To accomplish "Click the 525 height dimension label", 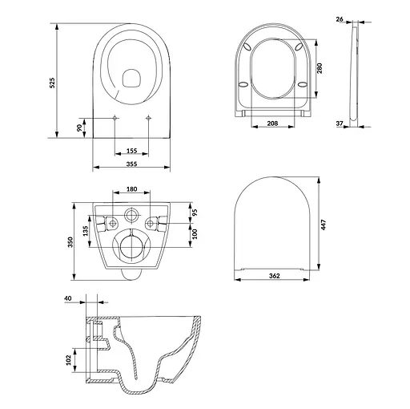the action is (x=53, y=83).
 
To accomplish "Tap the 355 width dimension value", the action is (x=131, y=164).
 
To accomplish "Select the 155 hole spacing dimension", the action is (x=131, y=151).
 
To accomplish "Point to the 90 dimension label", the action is (x=79, y=128).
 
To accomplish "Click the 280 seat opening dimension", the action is (x=320, y=68).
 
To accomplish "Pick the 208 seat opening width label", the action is (x=272, y=124).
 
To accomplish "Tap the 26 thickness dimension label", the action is (x=340, y=19).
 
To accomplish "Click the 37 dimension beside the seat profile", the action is (x=340, y=124).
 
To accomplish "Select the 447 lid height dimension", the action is (x=324, y=225).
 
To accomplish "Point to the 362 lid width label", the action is (x=275, y=276).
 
